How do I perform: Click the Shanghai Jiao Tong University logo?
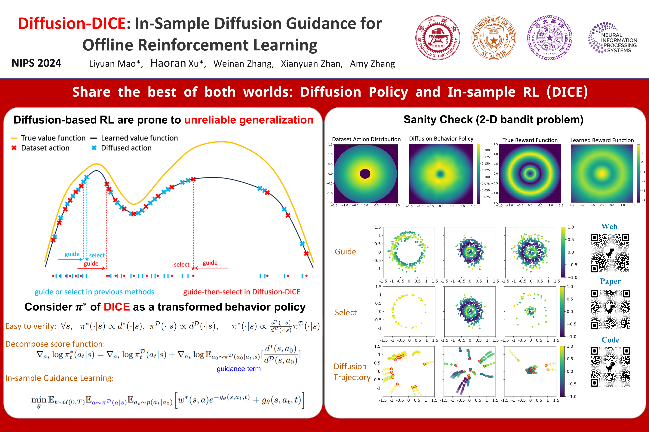438,38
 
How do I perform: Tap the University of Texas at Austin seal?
494,38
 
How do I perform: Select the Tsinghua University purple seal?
549,38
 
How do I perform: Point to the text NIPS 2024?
36,63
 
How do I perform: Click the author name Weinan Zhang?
243,64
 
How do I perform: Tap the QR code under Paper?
610,309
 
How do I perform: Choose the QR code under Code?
610,367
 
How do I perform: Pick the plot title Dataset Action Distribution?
366,139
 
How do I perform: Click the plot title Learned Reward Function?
602,140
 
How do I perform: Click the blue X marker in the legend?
94,148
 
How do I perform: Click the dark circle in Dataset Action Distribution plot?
365,174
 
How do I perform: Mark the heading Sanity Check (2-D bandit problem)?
493,120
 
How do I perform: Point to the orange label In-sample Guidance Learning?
60,378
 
